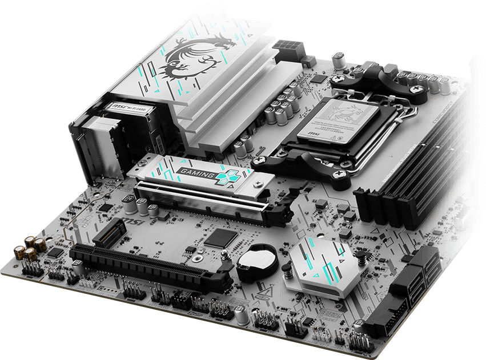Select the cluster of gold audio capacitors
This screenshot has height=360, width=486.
pos(31,247)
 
